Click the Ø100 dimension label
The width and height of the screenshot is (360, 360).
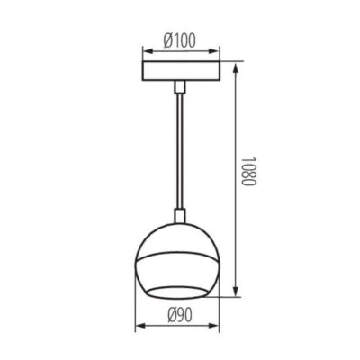(180, 40)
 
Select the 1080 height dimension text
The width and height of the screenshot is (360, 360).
(250, 179)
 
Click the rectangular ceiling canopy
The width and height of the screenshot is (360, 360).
(179, 72)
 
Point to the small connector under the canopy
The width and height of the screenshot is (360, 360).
(179, 86)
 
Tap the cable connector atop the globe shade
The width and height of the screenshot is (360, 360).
(179, 216)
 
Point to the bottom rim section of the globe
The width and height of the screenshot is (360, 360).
(179, 288)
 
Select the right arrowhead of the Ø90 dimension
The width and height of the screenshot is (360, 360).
(219, 326)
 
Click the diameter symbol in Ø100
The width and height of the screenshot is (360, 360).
(166, 40)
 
